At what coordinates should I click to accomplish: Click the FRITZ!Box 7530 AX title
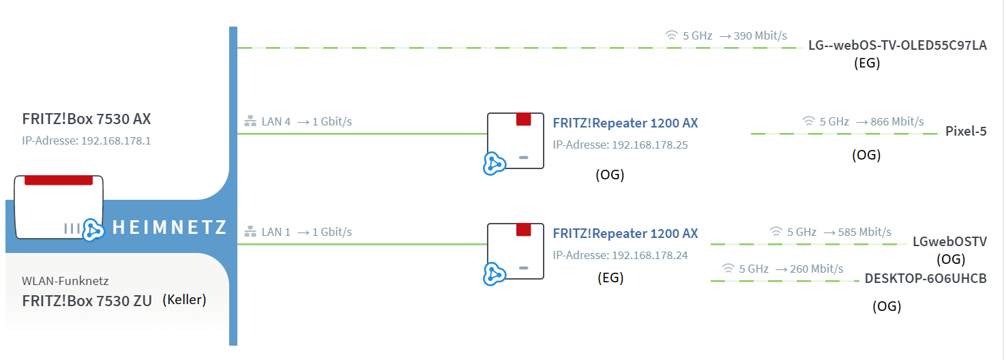(87, 119)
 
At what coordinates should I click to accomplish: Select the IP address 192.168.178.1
(116, 140)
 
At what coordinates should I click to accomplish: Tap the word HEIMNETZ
(169, 227)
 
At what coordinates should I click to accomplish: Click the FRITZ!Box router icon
(59, 207)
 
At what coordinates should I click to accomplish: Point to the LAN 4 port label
(276, 121)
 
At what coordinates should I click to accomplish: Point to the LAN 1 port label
(276, 232)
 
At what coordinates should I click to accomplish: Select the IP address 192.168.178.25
(649, 145)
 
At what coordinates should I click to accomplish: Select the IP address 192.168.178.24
(649, 256)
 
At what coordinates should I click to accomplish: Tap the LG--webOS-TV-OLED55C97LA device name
(898, 45)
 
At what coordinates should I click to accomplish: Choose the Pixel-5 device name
(966, 132)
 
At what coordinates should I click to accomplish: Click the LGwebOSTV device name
(949, 241)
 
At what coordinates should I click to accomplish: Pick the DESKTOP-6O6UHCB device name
(926, 278)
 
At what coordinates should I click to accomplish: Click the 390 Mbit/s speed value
(761, 36)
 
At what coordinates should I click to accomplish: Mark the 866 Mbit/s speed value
(897, 122)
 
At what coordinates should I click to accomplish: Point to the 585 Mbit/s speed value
(865, 232)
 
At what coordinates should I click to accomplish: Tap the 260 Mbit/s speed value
(816, 269)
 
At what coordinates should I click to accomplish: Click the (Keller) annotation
(184, 299)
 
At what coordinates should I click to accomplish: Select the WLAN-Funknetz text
(65, 281)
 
